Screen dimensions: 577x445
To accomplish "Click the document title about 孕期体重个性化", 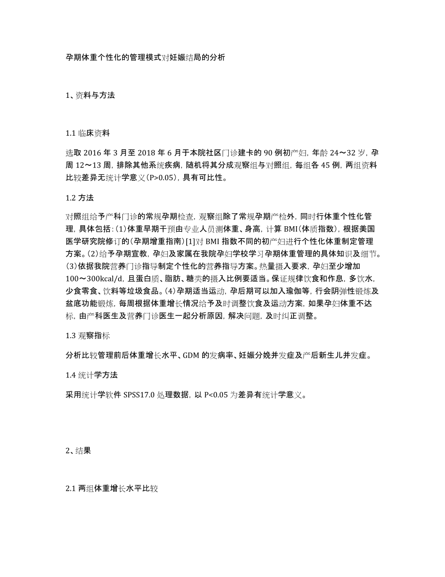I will point(145,57).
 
